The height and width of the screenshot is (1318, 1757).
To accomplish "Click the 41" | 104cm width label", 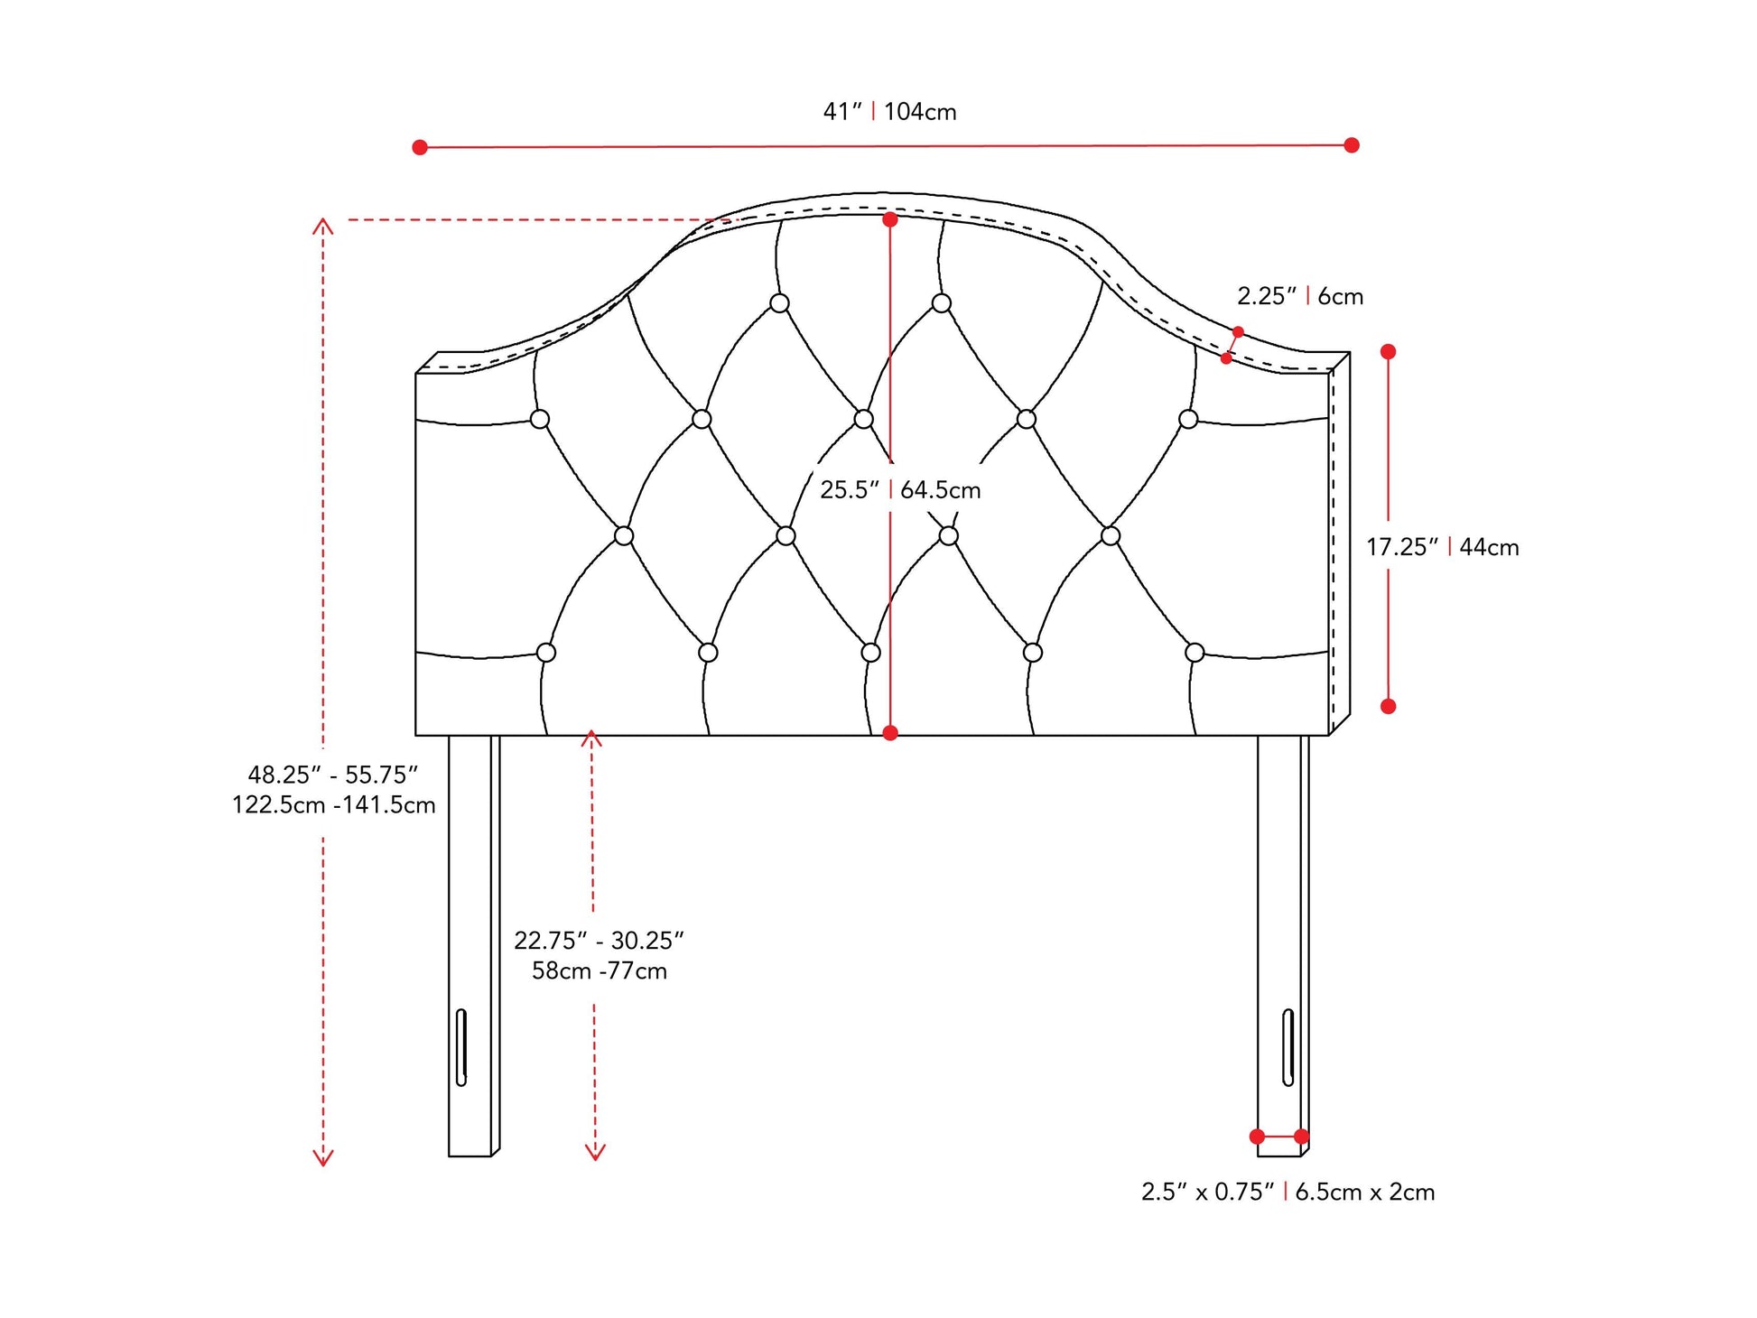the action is point(889,112).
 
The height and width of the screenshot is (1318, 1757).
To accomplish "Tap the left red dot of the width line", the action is point(420,147).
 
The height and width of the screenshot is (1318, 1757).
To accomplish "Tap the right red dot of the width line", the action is point(1352,145).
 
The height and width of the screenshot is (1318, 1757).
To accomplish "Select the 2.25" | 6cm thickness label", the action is point(1300,296).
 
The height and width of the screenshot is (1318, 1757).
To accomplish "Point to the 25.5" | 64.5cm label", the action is point(900,490).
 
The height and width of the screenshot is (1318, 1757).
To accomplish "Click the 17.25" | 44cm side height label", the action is point(1443,547).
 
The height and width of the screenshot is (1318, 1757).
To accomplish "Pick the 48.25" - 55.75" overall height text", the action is point(333,775).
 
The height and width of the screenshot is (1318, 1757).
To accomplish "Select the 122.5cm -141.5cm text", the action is point(334,805).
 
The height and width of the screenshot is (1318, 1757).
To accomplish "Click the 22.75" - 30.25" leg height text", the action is point(600,941).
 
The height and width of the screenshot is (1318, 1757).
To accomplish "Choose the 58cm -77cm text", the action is point(600,971).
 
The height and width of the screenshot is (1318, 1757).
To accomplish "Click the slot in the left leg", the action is point(461,1047).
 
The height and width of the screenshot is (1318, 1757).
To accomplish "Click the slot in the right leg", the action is point(1288,1047).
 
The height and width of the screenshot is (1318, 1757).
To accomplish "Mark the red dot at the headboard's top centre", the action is point(890,219).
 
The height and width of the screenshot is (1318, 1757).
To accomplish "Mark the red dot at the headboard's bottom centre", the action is point(890,733).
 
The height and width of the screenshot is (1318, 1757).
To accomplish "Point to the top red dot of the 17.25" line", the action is point(1389,352).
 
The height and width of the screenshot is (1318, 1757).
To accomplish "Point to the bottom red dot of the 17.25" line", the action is point(1389,706).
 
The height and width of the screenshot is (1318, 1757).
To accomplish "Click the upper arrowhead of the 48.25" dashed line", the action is point(323,225).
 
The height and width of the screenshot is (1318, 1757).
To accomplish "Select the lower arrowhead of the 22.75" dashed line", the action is point(595,1153).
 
